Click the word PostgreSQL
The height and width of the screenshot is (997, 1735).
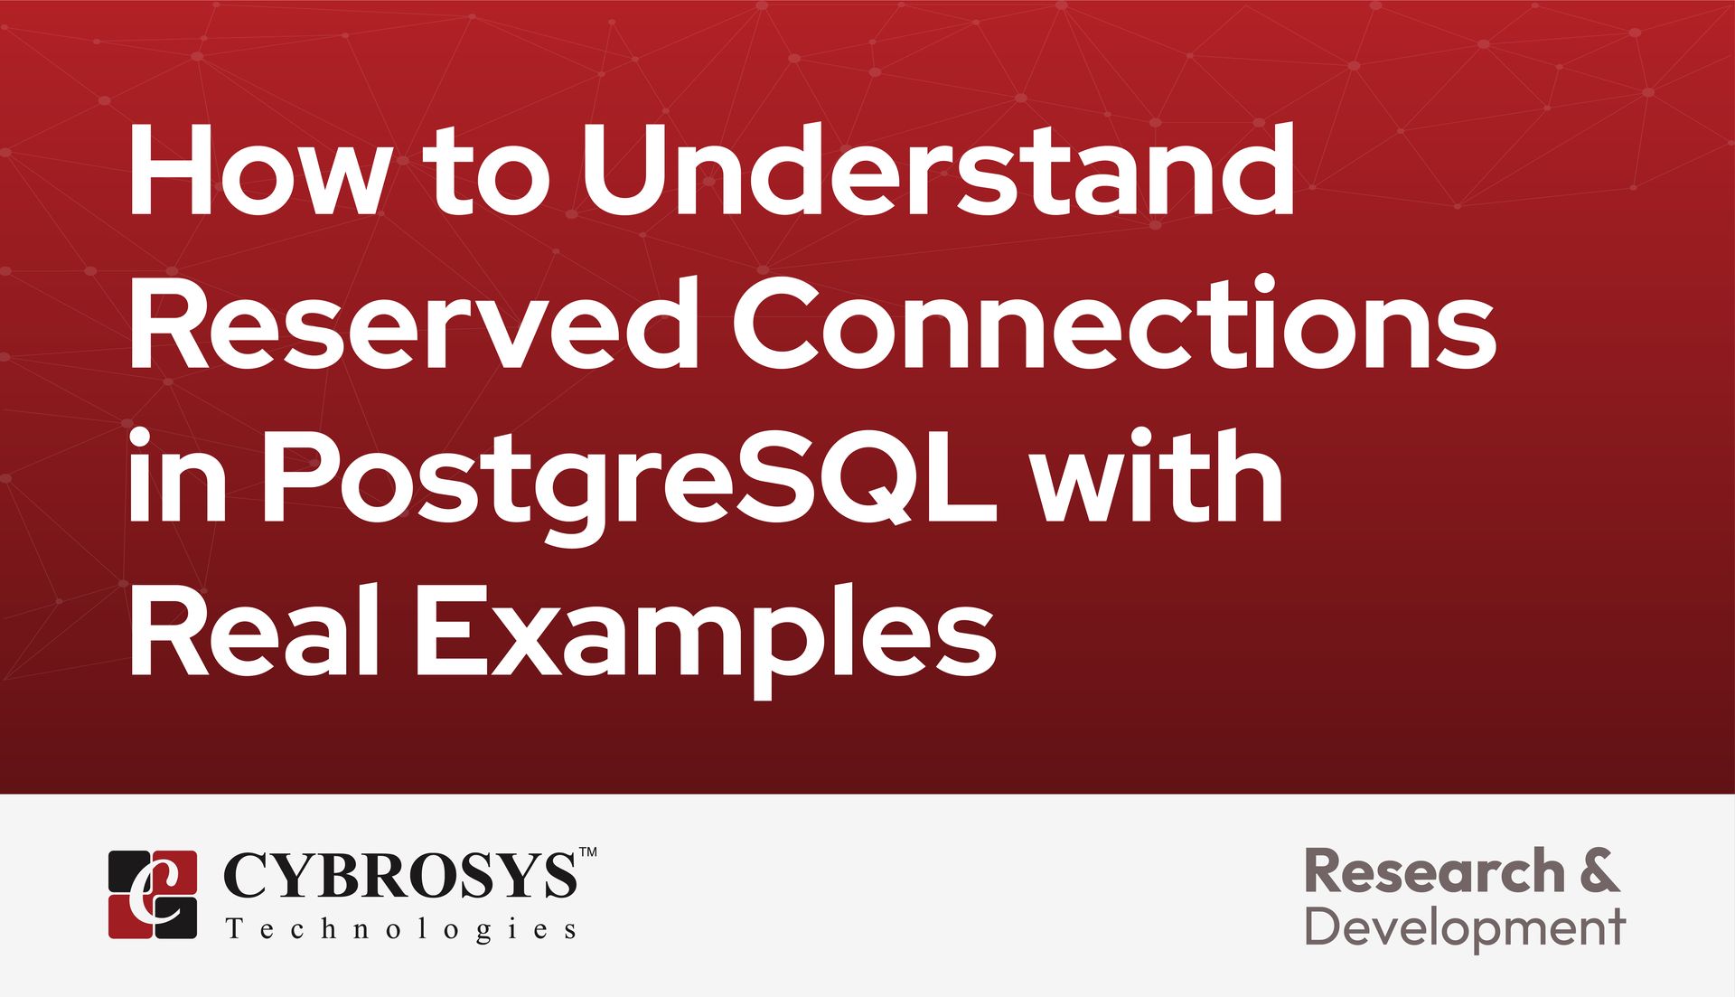tap(629, 478)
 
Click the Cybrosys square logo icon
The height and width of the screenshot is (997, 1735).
tap(153, 894)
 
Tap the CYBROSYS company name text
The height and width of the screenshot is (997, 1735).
tap(399, 875)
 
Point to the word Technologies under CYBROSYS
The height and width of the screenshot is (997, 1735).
tap(400, 930)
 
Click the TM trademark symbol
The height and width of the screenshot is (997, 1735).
tap(587, 851)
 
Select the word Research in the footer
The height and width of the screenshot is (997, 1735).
tap(1435, 872)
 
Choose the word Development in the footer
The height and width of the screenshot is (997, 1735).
tap(1465, 928)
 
